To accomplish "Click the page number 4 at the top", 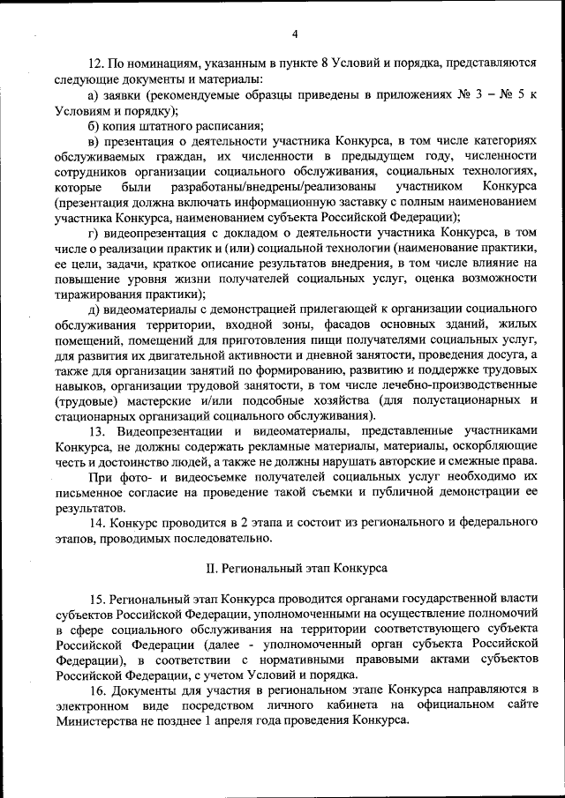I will pyautogui.click(x=295, y=34).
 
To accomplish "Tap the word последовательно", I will pyautogui.click(x=229, y=538).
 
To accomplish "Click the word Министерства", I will pyautogui.click(x=97, y=720).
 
